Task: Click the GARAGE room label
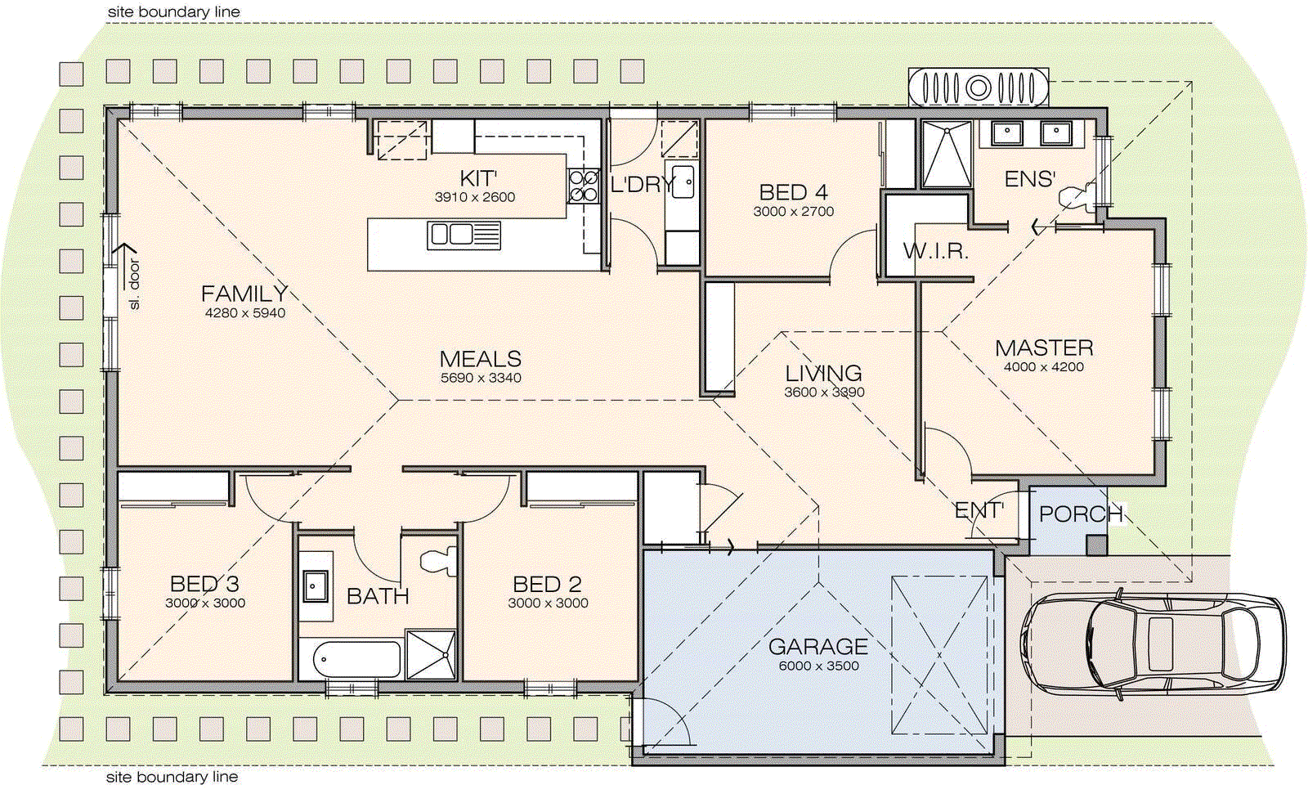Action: pyautogui.click(x=817, y=647)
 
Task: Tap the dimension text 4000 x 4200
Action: pyautogui.click(x=1044, y=367)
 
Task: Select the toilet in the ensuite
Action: pyautogui.click(x=1076, y=196)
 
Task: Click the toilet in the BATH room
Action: pyautogui.click(x=438, y=561)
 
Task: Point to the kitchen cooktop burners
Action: pyautogui.click(x=584, y=186)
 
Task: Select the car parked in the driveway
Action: pyautogui.click(x=1153, y=642)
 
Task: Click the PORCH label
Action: pyautogui.click(x=1081, y=514)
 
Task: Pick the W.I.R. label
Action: pyautogui.click(x=935, y=251)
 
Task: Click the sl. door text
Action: pyautogui.click(x=135, y=285)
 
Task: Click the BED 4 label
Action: pyautogui.click(x=793, y=192)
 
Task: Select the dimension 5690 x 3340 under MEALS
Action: pyautogui.click(x=481, y=378)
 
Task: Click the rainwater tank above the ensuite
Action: pyautogui.click(x=979, y=86)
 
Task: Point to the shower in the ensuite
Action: pyautogui.click(x=947, y=155)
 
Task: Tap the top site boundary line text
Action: pyautogui.click(x=174, y=12)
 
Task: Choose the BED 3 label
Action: pyautogui.click(x=204, y=584)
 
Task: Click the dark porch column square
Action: pyautogui.click(x=1095, y=545)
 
